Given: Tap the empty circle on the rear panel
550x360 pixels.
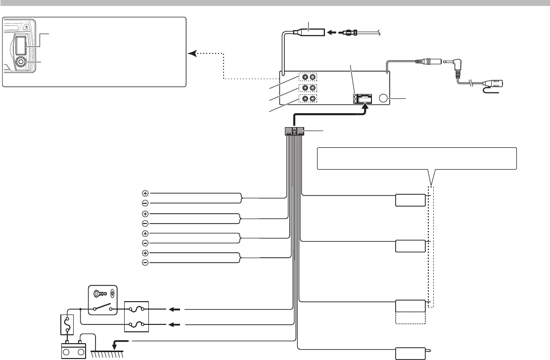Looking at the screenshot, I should [384, 98].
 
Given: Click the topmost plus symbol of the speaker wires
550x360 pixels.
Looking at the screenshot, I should [145, 193].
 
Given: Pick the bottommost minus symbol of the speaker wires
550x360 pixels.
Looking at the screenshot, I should [145, 263].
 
